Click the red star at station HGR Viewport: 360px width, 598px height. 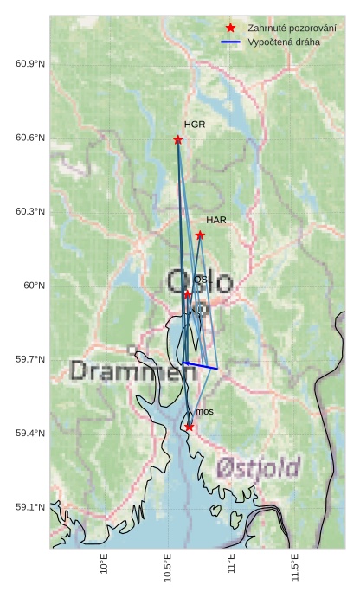178,139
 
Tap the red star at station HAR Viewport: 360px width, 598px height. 200,235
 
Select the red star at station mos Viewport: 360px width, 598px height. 190,427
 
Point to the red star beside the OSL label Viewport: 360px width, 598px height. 188,295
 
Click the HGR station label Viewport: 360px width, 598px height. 195,125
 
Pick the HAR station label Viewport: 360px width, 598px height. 216,220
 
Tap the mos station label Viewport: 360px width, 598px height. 204,412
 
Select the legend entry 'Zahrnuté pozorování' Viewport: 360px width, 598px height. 292,28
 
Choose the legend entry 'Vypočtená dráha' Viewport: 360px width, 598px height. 283,42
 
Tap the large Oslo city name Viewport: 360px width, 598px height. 199,282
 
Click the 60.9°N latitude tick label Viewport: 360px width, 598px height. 30,65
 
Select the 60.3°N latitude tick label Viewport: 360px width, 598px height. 30,212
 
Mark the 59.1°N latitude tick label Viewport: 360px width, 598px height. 30,507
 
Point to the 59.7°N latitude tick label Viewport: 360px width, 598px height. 30,359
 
